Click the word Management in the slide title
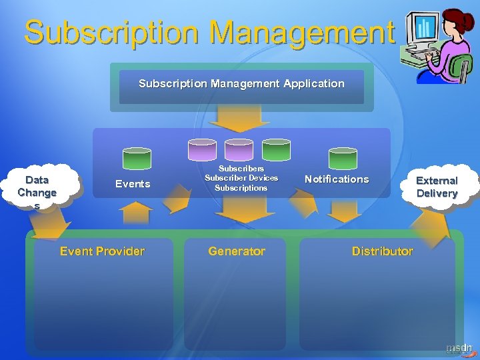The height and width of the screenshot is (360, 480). (300, 31)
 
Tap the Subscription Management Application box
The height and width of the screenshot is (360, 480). (241, 85)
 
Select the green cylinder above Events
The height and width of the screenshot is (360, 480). (137, 158)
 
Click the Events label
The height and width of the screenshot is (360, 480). (133, 184)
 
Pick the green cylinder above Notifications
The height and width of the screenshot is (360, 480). (343, 158)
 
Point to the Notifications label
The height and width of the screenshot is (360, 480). (337, 179)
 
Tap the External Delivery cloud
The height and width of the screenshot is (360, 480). (437, 187)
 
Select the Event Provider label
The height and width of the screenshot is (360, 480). (102, 251)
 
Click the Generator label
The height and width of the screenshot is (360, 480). (237, 251)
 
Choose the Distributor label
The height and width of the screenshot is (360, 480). (383, 251)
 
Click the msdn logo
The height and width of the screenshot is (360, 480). (459, 348)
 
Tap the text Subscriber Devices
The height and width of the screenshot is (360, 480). (241, 178)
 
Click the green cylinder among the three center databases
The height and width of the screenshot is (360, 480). (276, 149)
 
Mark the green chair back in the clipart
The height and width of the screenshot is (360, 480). (461, 65)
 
